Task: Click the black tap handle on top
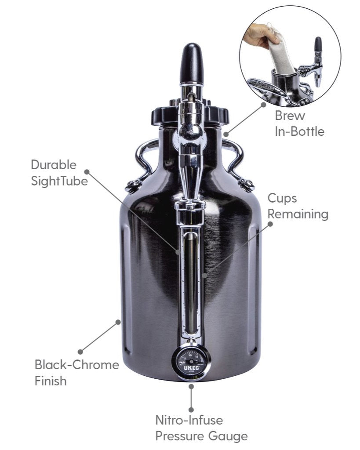pyautogui.click(x=192, y=64)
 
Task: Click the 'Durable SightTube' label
pyautogui.click(x=59, y=173)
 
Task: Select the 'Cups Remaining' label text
pyautogui.click(x=298, y=206)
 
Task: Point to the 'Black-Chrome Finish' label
pyautogui.click(x=76, y=372)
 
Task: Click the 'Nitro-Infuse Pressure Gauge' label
pyautogui.click(x=201, y=428)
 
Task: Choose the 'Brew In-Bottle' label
pyautogui.click(x=299, y=123)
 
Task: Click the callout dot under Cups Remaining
pyautogui.click(x=270, y=223)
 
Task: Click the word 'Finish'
pyautogui.click(x=51, y=380)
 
